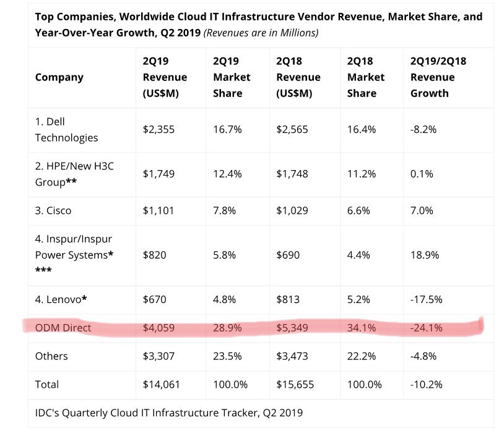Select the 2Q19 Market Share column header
(x=232, y=77)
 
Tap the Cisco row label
(x=53, y=210)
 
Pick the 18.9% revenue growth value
(x=425, y=255)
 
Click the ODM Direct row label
(x=63, y=328)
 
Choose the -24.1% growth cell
(x=427, y=328)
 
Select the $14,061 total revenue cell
(x=162, y=384)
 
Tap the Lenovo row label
(x=61, y=300)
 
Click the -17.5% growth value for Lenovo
(x=427, y=300)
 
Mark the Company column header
(x=59, y=77)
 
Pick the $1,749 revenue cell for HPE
(x=158, y=174)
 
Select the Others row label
(x=51, y=356)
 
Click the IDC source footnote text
(x=169, y=412)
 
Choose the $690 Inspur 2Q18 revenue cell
(x=289, y=255)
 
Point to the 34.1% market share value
(x=362, y=328)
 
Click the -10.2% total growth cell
(x=427, y=384)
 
